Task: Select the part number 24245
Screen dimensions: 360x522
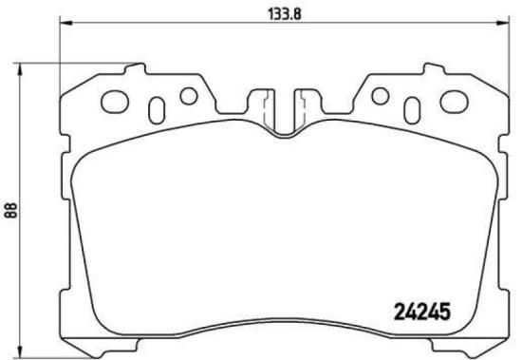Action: coord(421,311)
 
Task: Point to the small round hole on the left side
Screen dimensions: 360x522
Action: coord(188,95)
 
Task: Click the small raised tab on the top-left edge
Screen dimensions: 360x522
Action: coord(137,69)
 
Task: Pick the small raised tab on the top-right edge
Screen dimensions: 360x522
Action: coord(432,69)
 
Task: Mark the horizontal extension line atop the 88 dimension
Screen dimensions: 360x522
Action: coord(76,64)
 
